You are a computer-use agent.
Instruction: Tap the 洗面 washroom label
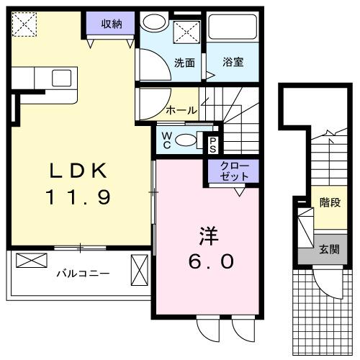184,63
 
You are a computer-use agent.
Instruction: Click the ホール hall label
181,110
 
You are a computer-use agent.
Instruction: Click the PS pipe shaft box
213,144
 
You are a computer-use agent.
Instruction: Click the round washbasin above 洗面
153,22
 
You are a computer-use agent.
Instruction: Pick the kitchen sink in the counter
61,77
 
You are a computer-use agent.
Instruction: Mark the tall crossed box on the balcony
138,273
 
